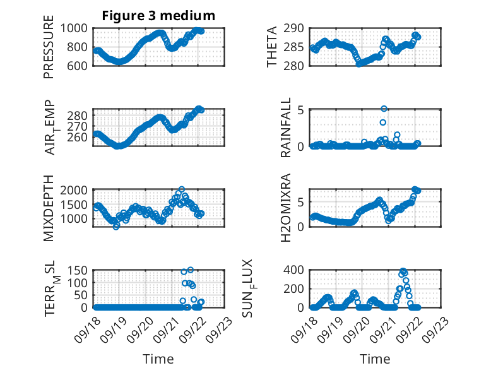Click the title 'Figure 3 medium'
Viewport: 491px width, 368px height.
click(x=158, y=15)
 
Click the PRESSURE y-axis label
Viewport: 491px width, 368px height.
click(x=49, y=47)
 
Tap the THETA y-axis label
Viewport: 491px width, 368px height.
click(x=272, y=47)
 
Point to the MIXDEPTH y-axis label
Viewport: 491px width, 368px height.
click(x=49, y=208)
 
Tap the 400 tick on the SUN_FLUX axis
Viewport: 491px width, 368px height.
click(x=298, y=270)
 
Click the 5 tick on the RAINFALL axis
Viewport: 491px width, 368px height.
click(x=302, y=109)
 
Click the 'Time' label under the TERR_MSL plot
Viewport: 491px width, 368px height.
click(x=158, y=359)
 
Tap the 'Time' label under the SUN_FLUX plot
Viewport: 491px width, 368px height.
click(x=375, y=359)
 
